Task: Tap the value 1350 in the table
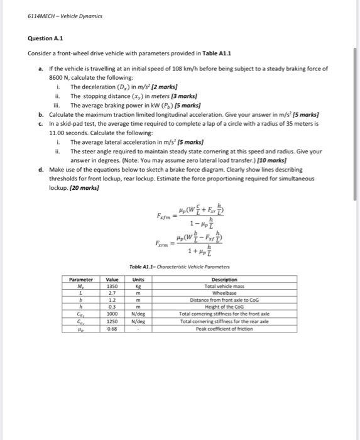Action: tap(112, 286)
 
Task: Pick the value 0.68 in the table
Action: tap(112, 327)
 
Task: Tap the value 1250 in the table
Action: tap(112, 320)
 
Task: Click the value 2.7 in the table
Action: tap(112, 292)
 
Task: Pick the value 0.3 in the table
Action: tap(112, 306)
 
